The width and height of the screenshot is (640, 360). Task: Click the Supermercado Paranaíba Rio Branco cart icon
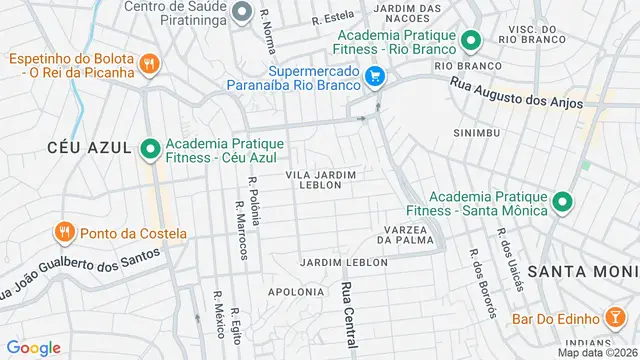point(375,76)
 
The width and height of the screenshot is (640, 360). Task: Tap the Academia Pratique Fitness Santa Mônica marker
point(563,202)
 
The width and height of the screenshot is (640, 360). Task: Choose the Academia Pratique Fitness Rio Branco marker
point(471,41)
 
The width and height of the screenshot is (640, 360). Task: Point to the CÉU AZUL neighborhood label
point(90,148)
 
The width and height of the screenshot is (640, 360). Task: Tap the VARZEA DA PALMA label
point(407,234)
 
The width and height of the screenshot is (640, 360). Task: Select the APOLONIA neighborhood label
point(296,292)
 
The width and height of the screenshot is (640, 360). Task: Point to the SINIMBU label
point(476,132)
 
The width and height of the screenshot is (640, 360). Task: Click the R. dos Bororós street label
point(481,284)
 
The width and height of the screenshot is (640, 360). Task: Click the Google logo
point(34,348)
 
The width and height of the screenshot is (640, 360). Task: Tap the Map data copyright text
point(597,352)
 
